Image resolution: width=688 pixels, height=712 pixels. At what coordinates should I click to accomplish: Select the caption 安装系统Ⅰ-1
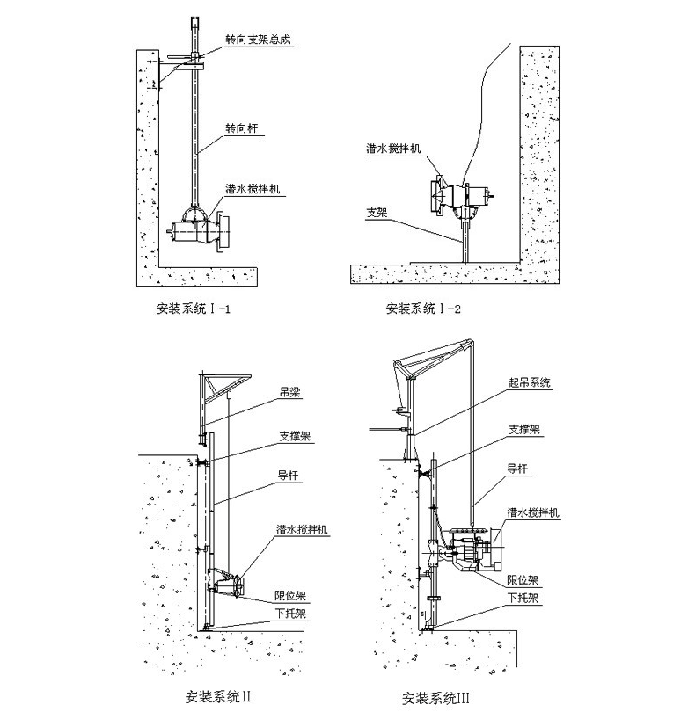click(193, 309)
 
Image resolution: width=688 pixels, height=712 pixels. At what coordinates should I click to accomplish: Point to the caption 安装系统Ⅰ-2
click(423, 309)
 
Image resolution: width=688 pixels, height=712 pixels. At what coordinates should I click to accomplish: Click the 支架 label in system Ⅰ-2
click(377, 212)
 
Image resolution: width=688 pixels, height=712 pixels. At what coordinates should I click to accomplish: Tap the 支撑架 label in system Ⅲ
click(523, 431)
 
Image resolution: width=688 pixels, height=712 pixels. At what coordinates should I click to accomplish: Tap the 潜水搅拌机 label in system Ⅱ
click(302, 530)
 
